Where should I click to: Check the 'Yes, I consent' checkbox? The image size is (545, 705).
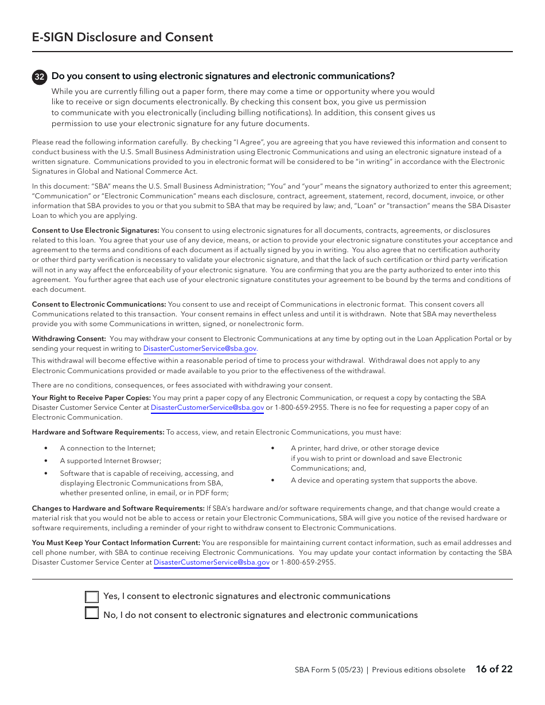coord(92,597)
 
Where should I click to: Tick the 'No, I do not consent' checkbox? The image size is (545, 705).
coord(92,614)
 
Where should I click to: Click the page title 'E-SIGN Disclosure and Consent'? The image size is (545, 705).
coord(122,37)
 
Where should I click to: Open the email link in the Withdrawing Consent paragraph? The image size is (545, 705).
coord(200,348)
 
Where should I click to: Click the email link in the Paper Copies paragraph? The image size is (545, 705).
coord(207,408)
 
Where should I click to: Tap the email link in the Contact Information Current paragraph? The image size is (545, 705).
coord(211,563)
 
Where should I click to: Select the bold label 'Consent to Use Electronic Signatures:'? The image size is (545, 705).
coord(95,230)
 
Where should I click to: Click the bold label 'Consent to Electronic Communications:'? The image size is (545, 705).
coord(99,304)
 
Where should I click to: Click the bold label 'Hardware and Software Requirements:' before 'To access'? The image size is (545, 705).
coord(98,432)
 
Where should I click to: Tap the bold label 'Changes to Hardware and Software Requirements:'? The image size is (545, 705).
coord(118,508)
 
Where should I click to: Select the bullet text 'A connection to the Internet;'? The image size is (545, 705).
coord(108,448)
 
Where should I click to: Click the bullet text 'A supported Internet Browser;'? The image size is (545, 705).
coord(111,461)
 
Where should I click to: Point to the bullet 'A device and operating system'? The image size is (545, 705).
coord(383,480)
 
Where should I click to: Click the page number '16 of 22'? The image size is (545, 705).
coord(494,669)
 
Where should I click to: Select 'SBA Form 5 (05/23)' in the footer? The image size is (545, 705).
coord(329,670)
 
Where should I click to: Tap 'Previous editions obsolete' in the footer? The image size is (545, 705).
coord(418,670)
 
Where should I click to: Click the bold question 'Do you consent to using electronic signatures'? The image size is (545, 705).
coord(223,76)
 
